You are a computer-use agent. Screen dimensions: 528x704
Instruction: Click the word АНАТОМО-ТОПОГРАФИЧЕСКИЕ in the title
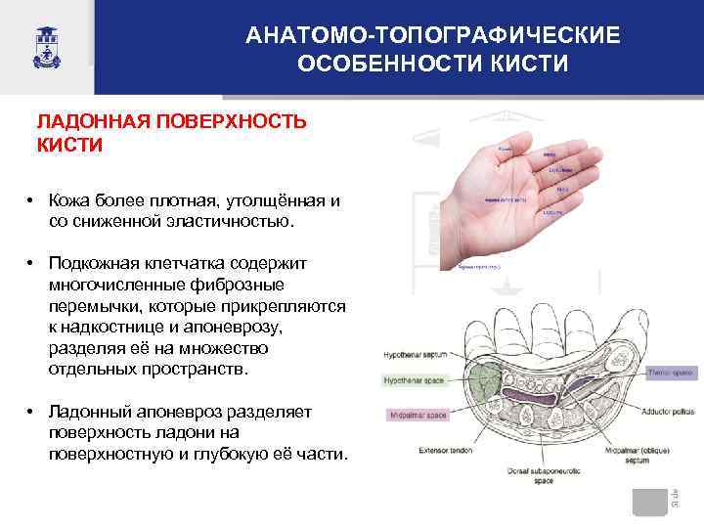(432, 36)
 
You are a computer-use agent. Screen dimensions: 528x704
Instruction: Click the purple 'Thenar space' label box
(670, 374)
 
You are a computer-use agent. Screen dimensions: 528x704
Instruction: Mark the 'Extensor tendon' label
(418, 452)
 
